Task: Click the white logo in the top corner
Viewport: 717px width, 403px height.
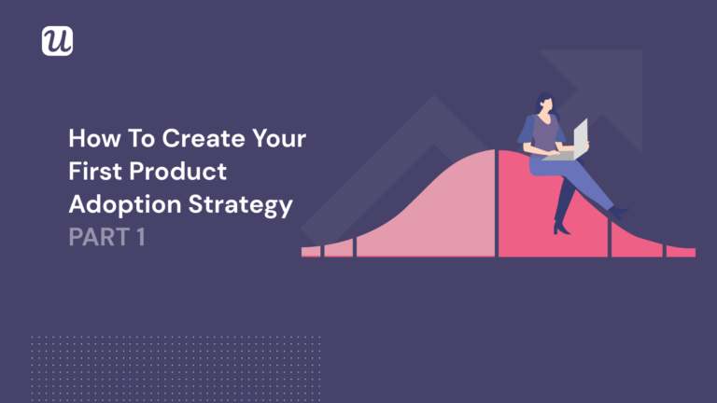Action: tap(57, 40)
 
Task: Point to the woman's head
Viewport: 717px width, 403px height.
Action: tap(543, 99)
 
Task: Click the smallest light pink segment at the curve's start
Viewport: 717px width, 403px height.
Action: tap(310, 251)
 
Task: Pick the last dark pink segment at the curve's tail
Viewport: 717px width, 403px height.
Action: tap(680, 251)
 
